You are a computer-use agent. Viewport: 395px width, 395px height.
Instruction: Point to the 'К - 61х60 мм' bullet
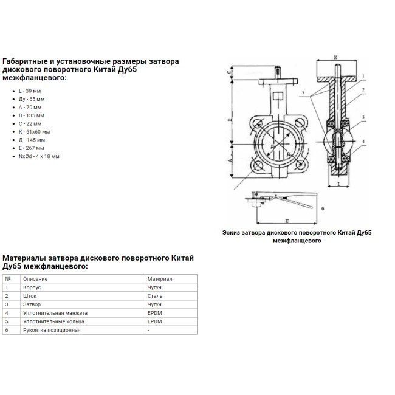35,131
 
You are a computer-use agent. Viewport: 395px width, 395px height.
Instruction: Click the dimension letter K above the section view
335,58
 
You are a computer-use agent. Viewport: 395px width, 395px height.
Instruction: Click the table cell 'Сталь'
154,295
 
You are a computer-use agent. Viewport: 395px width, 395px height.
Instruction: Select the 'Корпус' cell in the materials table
32,287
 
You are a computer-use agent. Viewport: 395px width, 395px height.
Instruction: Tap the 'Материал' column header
160,278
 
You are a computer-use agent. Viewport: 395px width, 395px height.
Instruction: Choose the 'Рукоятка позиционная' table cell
52,329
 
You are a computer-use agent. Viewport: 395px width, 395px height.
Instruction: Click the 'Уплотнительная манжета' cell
54,312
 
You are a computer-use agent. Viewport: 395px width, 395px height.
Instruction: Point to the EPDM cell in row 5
154,321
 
